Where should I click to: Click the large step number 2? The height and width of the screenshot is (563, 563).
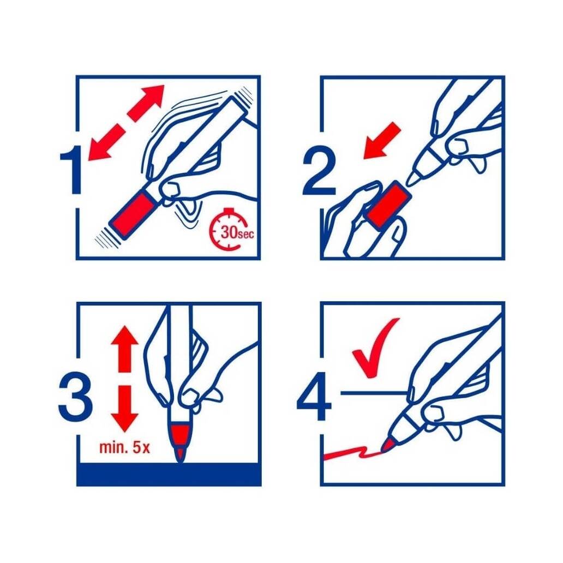point(319,173)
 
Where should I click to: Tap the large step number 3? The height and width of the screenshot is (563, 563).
point(75,398)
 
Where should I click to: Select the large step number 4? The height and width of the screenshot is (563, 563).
point(314,397)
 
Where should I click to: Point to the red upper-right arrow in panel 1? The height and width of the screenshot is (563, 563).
point(146,103)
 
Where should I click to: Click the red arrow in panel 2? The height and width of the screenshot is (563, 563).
point(382,140)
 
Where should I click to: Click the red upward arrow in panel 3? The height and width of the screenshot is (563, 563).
point(124,349)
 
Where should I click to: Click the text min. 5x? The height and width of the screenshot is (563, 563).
point(124,448)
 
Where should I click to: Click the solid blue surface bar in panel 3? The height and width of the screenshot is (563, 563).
point(169,474)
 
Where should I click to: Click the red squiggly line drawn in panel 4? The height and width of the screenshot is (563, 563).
point(352,453)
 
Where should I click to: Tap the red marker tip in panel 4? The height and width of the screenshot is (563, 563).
point(386,446)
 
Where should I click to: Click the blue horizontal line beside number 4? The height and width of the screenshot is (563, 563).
point(373,393)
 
